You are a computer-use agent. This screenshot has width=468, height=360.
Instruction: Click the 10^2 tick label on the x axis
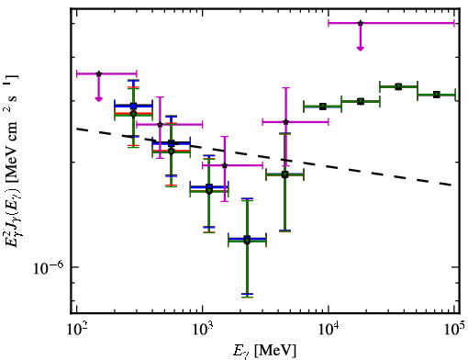(76, 329)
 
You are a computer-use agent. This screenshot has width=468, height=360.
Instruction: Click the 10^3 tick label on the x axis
(202, 329)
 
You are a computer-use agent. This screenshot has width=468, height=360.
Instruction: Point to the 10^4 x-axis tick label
(329, 329)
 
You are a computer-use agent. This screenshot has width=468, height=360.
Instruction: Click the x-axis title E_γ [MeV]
(264, 351)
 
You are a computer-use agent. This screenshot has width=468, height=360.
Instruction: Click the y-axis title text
(12, 160)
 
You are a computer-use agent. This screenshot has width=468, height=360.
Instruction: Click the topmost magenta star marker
(361, 23)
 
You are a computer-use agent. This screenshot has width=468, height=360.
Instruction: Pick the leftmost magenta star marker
(98, 73)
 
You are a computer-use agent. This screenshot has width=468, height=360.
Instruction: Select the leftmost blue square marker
(133, 107)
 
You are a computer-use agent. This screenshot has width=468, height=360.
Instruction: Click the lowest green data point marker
(247, 242)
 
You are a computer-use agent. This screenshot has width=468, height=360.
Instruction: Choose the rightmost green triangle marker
(437, 95)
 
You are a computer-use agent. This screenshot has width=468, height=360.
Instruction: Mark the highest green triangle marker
(398, 86)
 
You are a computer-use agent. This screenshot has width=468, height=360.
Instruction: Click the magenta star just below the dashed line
(225, 165)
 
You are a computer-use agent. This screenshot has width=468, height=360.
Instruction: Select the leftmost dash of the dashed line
(82, 129)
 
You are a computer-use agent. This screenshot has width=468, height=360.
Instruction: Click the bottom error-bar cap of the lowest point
(247, 297)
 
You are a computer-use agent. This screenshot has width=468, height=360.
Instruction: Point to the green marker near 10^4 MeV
(322, 107)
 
